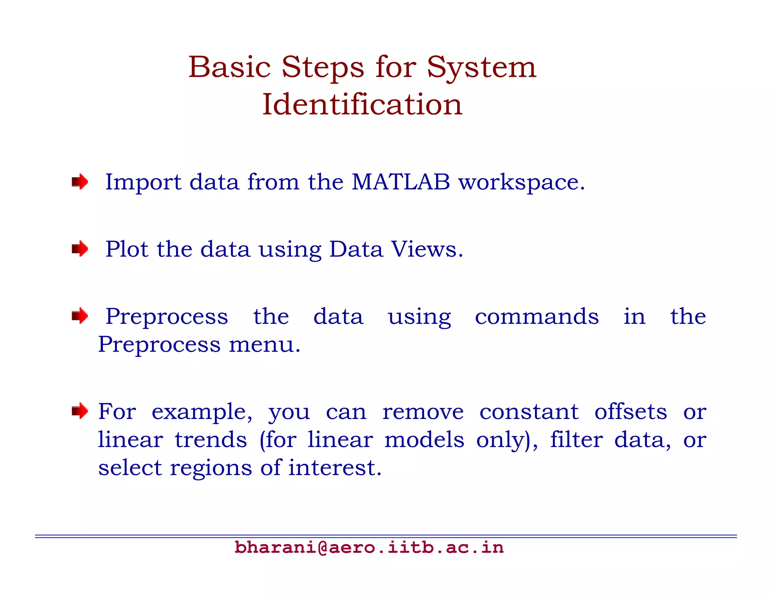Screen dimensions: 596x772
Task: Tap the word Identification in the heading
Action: (362, 104)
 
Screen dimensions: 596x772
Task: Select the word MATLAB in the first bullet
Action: (401, 182)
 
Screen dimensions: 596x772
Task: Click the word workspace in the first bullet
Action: (521, 183)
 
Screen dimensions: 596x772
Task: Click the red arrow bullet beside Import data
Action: (80, 182)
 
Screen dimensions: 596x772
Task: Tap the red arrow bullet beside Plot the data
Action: (80, 249)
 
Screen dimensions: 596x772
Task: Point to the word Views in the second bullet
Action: (427, 249)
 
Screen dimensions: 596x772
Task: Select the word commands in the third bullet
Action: (536, 316)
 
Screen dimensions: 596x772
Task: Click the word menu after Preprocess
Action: (265, 344)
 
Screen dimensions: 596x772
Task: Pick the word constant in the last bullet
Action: (529, 411)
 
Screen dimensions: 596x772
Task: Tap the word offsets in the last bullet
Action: (631, 411)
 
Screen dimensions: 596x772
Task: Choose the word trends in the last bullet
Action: (211, 440)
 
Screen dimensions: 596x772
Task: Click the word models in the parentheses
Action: (424, 440)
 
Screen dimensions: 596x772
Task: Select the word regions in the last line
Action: (211, 468)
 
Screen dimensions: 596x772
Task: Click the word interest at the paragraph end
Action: (335, 468)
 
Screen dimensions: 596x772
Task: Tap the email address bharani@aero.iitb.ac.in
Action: (369, 547)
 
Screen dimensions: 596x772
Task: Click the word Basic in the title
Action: (230, 68)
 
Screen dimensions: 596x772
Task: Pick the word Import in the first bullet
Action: (143, 183)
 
